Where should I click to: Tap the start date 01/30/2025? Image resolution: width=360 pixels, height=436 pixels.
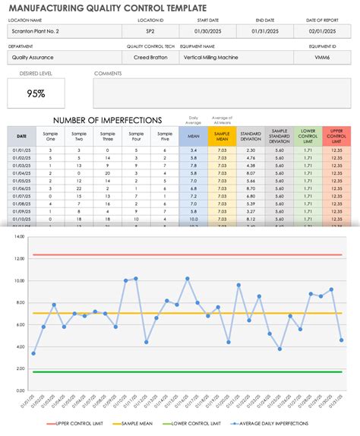207,31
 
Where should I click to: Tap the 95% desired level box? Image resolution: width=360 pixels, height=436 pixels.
36,93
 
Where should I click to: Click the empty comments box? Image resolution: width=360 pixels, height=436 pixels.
222,93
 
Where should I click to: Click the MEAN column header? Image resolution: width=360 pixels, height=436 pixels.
194,137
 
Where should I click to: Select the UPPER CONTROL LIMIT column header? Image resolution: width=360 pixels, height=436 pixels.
336,137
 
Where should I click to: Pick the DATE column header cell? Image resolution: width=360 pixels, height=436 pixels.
21,137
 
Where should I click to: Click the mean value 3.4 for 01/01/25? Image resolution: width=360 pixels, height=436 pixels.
194,150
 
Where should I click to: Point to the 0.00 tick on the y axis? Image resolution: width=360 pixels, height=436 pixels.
20,393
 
